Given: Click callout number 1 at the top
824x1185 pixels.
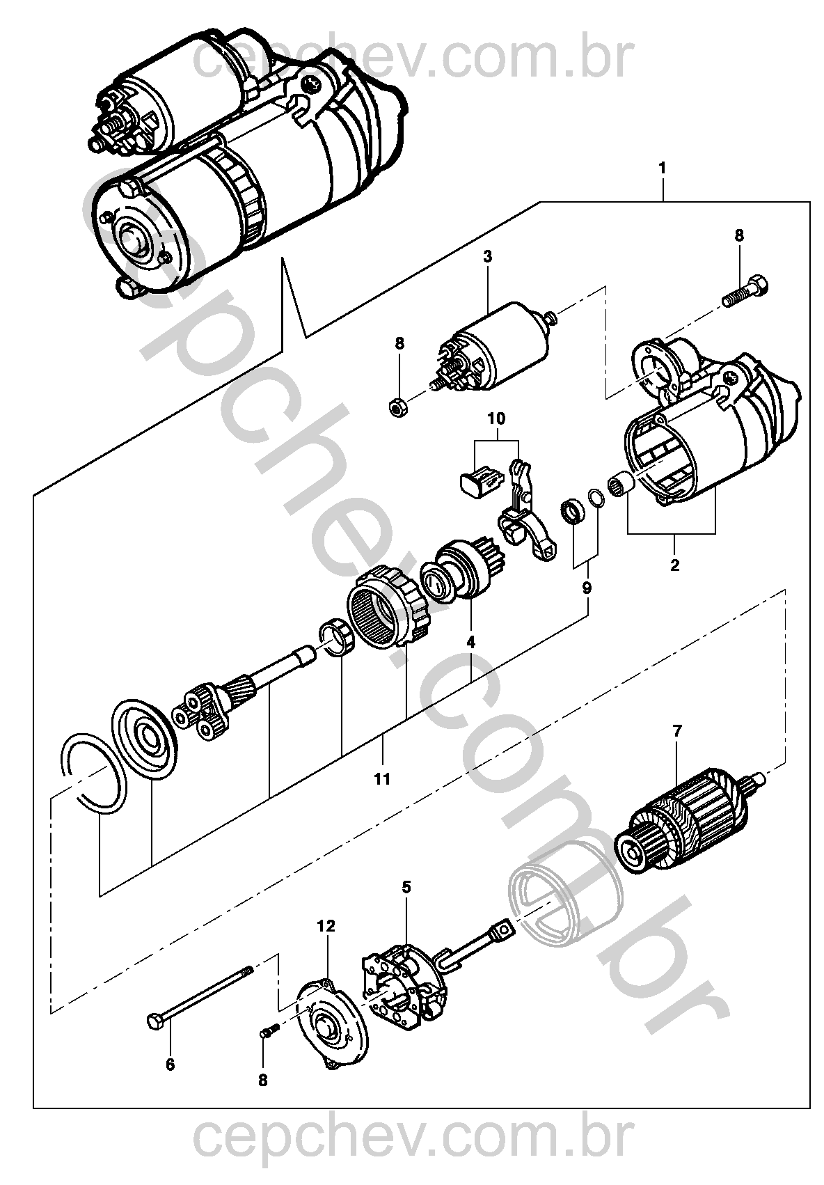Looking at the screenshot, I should coord(662,168).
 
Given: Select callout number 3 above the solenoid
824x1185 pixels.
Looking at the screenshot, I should coord(487,256).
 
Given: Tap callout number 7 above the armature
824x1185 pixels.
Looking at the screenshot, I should coord(676,731).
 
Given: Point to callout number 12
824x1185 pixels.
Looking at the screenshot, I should coord(326,926).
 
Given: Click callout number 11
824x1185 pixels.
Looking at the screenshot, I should coord(382,779).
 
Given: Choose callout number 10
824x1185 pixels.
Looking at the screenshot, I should coord(497,419).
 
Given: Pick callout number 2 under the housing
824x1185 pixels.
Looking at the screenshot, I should coord(674,565).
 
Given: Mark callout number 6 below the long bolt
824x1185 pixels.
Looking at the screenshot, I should coord(171,1065).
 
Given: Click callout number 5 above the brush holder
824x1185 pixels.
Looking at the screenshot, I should coord(406,886).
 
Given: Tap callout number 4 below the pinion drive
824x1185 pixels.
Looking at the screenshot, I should coord(470,642).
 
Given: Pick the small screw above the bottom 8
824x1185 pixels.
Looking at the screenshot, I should coord(268,1030).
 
